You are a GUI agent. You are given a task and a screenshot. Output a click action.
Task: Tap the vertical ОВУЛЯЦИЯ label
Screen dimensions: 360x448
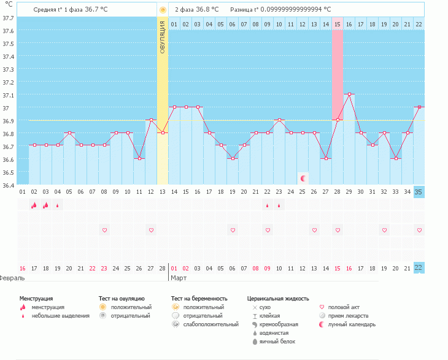[x=163, y=37]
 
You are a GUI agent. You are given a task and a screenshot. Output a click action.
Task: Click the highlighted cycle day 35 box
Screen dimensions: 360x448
[x=419, y=192]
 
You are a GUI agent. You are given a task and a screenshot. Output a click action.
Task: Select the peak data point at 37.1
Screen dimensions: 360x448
[x=349, y=94]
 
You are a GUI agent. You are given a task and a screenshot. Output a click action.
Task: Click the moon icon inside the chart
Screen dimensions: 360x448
[x=303, y=178]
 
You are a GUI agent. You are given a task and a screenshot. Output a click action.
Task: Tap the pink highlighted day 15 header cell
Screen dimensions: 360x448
[x=338, y=24]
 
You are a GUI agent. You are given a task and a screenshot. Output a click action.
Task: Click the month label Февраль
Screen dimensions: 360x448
[x=12, y=278]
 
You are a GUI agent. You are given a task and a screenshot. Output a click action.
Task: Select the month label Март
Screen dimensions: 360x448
[x=179, y=278]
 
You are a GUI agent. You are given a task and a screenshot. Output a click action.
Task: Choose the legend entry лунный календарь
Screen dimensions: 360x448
[x=352, y=324]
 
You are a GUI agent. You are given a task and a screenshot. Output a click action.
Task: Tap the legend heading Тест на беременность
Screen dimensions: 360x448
[x=204, y=298]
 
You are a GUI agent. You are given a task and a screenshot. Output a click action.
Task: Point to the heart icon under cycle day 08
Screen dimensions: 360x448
[x=104, y=230]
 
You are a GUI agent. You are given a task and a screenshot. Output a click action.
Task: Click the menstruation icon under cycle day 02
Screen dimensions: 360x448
[x=34, y=205]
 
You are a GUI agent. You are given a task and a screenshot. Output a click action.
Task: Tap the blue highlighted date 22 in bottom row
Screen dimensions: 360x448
[x=419, y=268]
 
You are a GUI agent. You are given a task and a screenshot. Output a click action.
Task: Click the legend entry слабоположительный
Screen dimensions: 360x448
[x=210, y=324]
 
